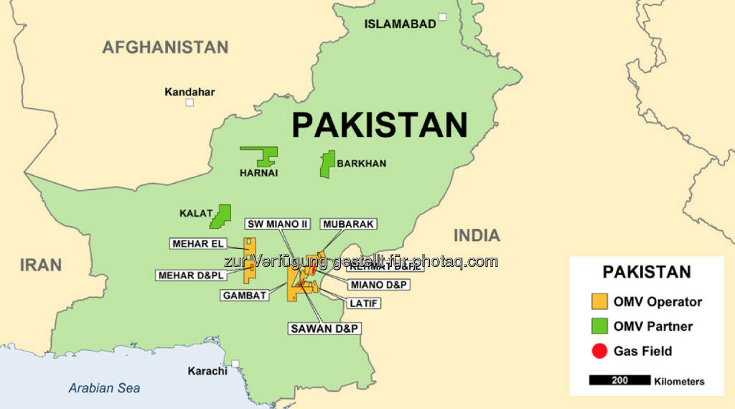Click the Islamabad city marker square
tap(443, 17)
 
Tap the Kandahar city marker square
tap(189, 103)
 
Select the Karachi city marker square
tap(235, 363)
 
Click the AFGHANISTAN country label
tap(165, 47)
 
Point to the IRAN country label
tap(41, 264)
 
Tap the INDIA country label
tap(477, 235)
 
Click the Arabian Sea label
tap(104, 388)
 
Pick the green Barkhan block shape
tap(327, 164)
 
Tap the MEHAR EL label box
tap(197, 244)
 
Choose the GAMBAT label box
tap(245, 295)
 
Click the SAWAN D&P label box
tap(324, 329)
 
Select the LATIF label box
tap(364, 304)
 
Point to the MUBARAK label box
tap(349, 224)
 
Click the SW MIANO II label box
tap(278, 224)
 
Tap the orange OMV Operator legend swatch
tap(599, 301)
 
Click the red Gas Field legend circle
tap(599, 351)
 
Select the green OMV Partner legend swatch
tap(599, 326)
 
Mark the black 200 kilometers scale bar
tap(619, 380)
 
